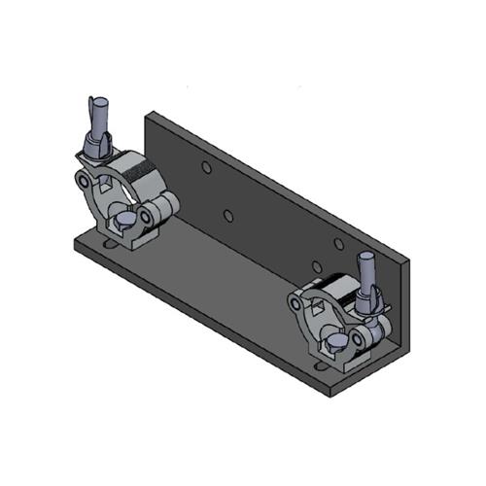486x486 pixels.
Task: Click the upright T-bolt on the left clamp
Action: click(x=96, y=116)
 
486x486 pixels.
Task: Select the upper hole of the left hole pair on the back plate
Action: click(x=206, y=167)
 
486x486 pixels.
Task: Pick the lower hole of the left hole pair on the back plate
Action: click(x=226, y=214)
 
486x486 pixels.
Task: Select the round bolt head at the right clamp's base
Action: click(x=334, y=343)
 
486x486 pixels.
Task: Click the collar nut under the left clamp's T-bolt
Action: click(x=98, y=148)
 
